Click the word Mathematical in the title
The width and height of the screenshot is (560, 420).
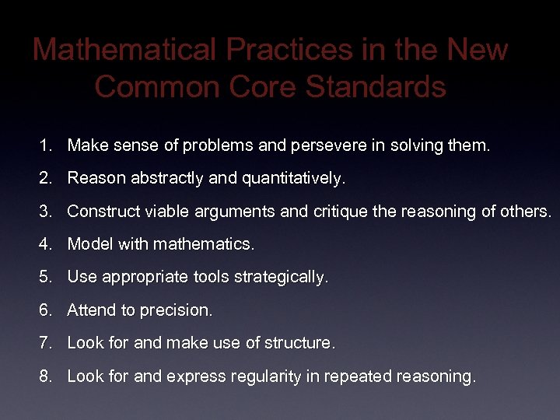tap(124, 50)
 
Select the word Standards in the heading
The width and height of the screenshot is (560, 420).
tap(376, 86)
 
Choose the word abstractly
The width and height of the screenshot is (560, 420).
tap(164, 178)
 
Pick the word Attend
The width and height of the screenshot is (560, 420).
tap(91, 310)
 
